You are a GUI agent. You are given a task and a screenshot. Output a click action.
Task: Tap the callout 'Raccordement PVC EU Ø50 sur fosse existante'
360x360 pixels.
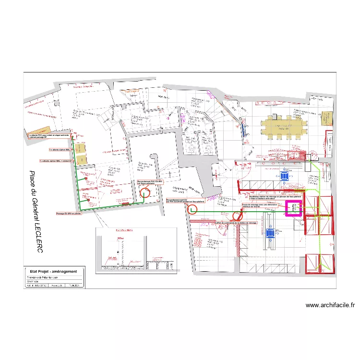(x=150, y=182)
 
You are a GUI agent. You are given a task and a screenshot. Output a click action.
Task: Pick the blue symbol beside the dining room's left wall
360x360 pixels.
(x=244, y=128)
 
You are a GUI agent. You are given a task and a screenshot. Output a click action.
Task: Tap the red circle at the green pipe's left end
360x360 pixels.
(x=192, y=209)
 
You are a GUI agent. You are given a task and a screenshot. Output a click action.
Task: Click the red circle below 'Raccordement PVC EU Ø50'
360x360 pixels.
(x=144, y=193)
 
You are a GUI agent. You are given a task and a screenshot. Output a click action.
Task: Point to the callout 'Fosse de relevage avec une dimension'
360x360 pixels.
(x=260, y=206)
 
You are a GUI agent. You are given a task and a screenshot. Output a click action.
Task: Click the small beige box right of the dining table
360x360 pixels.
(x=327, y=118)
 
